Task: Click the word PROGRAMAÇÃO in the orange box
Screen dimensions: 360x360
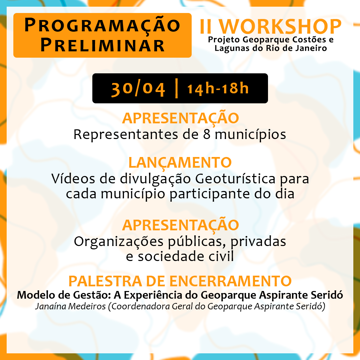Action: (102, 25)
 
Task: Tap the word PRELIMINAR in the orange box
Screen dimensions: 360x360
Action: (102, 45)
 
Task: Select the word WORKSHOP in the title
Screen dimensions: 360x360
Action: (280, 27)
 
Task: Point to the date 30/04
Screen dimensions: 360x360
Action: (138, 89)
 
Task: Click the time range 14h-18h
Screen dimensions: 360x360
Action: (218, 88)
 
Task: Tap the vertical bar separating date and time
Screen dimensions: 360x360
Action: (176, 88)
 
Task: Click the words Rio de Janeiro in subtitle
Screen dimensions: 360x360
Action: (296, 48)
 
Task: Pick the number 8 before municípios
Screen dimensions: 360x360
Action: (207, 134)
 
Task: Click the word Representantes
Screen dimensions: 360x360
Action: (126, 134)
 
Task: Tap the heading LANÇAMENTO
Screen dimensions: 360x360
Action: (180, 163)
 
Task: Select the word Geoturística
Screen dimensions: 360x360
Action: (235, 179)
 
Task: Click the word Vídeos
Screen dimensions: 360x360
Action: (73, 178)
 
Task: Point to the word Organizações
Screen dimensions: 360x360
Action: (119, 242)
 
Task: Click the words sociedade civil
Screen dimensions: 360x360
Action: (186, 256)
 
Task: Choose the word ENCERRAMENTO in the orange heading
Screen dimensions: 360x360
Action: (231, 281)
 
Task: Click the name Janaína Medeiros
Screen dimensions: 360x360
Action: (70, 307)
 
